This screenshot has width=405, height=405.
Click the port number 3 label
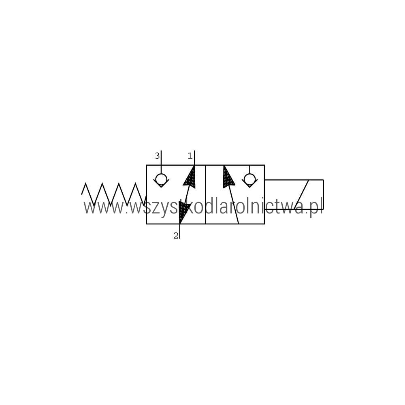tap(157, 156)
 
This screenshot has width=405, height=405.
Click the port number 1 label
tap(190, 156)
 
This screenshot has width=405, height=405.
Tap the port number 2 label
tap(176, 236)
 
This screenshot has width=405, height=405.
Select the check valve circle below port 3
tap(161, 179)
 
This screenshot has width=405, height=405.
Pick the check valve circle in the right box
tap(250, 179)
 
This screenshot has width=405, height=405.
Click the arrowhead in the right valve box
tap(228, 176)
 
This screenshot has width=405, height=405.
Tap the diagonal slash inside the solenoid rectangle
tap(301, 194)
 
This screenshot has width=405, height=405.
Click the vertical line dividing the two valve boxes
tap(205, 194)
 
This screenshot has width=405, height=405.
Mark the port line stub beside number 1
tap(194, 158)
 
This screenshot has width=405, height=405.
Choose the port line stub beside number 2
tap(180, 231)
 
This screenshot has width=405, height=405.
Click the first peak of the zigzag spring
tap(85, 183)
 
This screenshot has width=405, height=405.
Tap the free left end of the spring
tap(82, 194)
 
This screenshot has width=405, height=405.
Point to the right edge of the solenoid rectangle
tap(323, 194)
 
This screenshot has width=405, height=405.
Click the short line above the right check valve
tap(250, 170)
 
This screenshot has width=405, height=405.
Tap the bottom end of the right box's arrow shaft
tap(239, 224)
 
